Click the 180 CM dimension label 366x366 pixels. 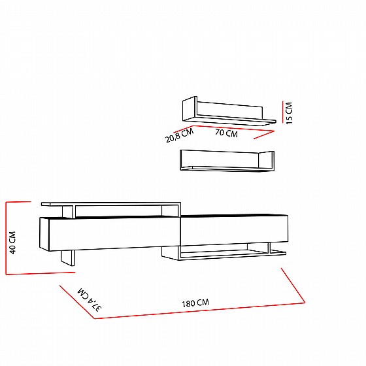click(x=195, y=303)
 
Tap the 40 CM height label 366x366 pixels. click(x=12, y=242)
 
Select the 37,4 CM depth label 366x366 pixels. click(x=90, y=299)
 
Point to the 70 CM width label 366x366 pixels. click(x=226, y=133)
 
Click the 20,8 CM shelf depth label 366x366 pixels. click(x=179, y=135)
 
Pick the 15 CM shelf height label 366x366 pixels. click(x=289, y=113)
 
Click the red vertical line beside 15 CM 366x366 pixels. click(x=282, y=112)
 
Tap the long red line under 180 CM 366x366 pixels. click(x=199, y=310)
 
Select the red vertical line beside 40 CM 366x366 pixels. click(x=7, y=238)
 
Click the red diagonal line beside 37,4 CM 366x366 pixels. click(x=77, y=302)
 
